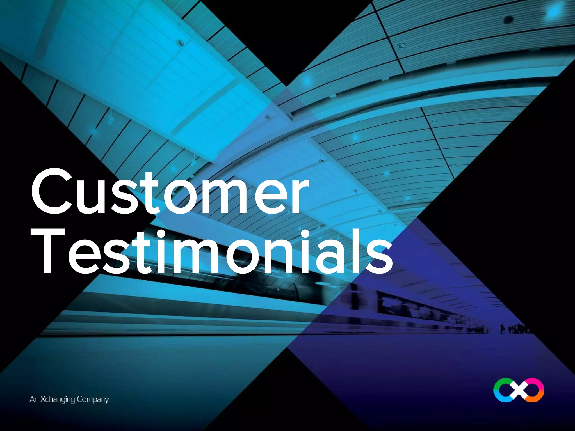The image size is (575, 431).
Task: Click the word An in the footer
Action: pos(34,399)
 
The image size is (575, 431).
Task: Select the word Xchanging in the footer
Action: pos(58,400)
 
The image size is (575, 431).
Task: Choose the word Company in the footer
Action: pos(93,400)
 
